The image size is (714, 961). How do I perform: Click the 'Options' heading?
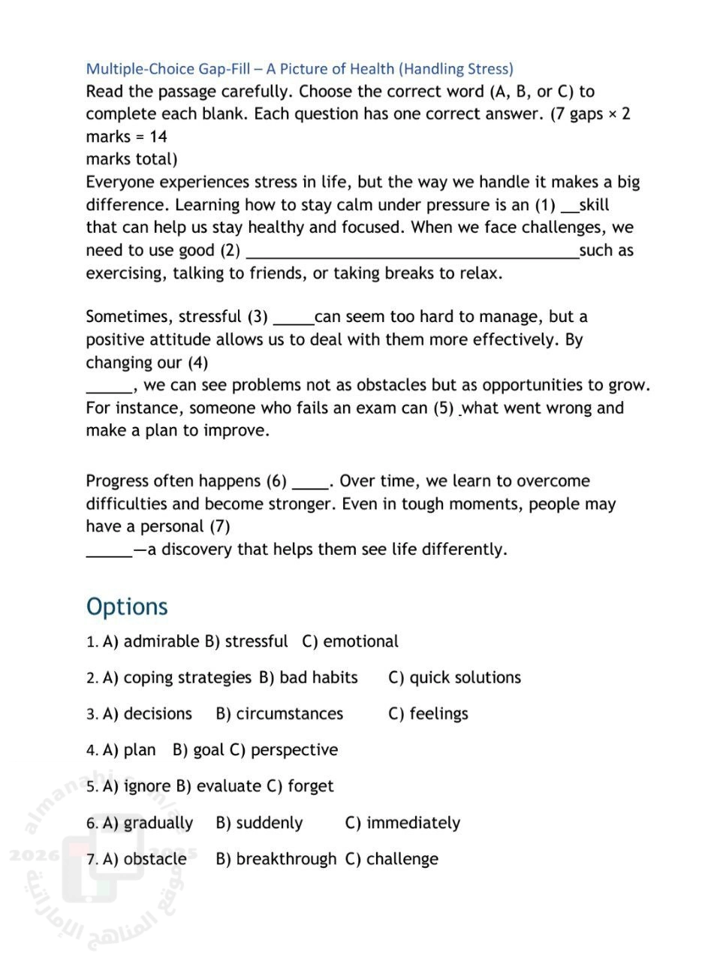point(127,607)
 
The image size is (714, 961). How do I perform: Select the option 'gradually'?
point(158,823)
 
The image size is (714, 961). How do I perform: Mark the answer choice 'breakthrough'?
point(286,859)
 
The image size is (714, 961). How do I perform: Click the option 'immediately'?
point(413,823)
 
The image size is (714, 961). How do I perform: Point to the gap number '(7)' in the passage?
point(220,526)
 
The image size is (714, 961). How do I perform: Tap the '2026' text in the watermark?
point(29,855)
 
